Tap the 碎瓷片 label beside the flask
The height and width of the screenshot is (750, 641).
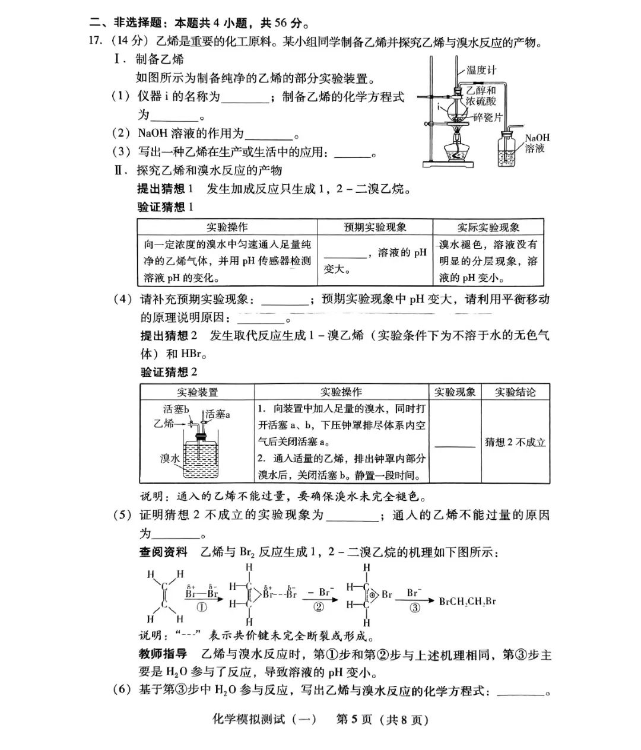click(x=488, y=117)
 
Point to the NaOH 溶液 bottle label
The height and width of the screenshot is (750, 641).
click(x=537, y=143)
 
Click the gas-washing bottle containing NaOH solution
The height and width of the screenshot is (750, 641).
click(x=508, y=149)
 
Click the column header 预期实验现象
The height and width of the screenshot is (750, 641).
click(x=375, y=227)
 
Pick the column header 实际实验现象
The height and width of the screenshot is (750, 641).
click(x=488, y=227)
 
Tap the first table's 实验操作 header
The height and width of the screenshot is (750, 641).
click(x=227, y=227)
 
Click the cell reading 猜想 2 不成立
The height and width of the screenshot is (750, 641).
click(x=515, y=442)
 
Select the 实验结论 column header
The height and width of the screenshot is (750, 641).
click(x=515, y=392)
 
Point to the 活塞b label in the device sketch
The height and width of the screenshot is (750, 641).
click(x=176, y=409)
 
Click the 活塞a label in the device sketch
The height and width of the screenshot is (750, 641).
click(x=218, y=415)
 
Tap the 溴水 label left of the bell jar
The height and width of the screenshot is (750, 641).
click(x=170, y=458)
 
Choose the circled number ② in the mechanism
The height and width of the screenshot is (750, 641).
click(x=319, y=607)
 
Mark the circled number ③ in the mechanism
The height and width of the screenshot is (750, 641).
click(x=415, y=608)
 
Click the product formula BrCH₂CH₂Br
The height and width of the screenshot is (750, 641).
click(x=467, y=602)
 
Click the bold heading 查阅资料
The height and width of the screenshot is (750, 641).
click(x=163, y=552)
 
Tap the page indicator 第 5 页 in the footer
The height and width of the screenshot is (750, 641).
click(x=355, y=720)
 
